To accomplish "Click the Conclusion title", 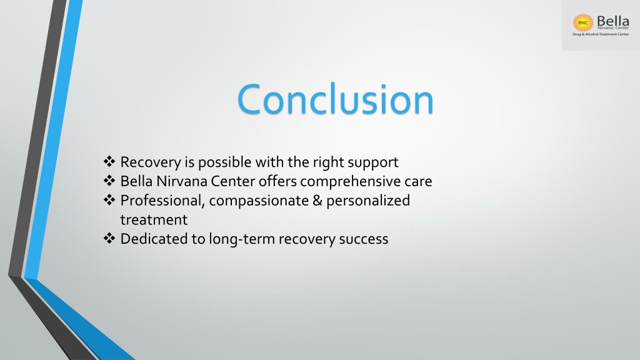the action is pos(335,99).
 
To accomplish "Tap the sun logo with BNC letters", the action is pos(583,23).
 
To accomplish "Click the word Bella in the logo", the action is pos(612,21).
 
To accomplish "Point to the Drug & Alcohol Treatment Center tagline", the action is pos(601,34).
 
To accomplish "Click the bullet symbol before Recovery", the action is pos(109,162).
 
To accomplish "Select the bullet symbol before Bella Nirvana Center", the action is pos(109,181).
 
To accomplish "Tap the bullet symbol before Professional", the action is pos(109,200).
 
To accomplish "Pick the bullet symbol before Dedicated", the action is pos(109,238).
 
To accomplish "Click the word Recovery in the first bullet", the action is pos(151,162).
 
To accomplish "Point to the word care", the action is pos(418,182).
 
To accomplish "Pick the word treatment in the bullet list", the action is pos(154,220).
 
